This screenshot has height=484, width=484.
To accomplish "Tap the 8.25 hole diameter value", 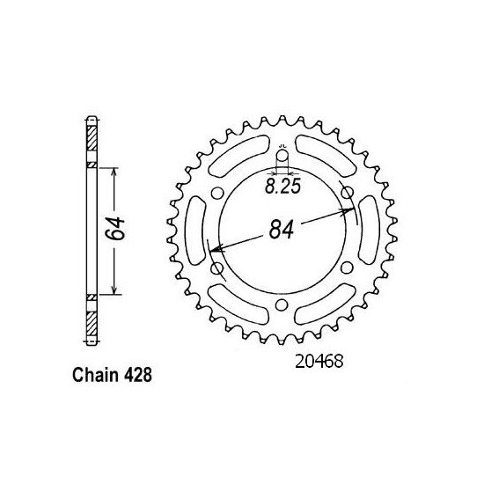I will click(x=282, y=186).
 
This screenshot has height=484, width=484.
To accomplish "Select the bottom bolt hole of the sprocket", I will click(x=282, y=304).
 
